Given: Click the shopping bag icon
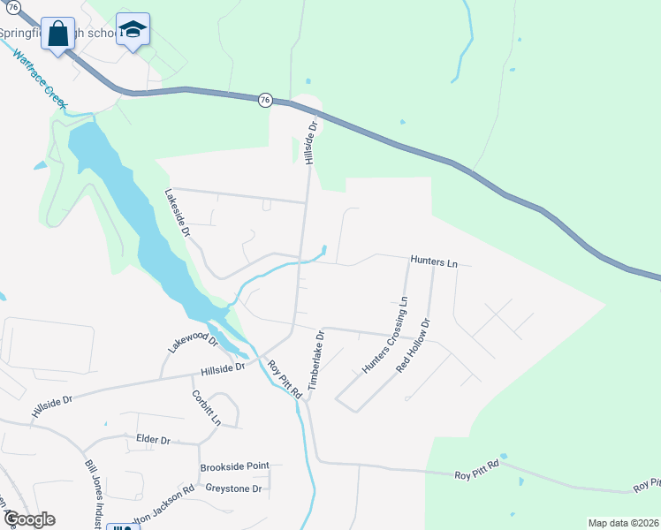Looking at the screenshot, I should (x=58, y=34).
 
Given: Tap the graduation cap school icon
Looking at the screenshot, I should (x=133, y=30).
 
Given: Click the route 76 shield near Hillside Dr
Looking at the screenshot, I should (x=265, y=101).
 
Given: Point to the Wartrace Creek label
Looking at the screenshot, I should (x=41, y=79).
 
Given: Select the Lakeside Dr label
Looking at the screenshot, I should (x=178, y=213).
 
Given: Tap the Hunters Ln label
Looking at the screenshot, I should (x=434, y=262).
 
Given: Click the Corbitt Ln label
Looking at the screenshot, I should (x=206, y=406).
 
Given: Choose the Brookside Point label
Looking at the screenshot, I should (x=234, y=466).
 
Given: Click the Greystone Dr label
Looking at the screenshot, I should (x=233, y=488).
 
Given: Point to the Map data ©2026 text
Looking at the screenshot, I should (x=622, y=523).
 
